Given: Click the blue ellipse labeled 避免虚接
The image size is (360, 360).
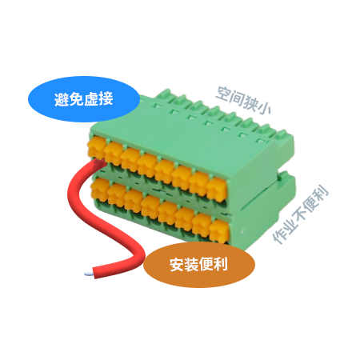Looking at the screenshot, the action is (x=84, y=99).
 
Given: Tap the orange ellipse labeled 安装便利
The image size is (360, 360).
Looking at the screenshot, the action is (x=199, y=265).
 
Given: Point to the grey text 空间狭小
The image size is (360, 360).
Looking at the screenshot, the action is (x=243, y=100).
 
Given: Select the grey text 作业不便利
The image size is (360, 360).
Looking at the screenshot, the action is (x=301, y=214).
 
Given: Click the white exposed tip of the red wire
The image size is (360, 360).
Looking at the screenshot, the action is (x=89, y=274).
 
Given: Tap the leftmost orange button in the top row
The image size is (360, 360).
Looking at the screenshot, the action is (x=96, y=147).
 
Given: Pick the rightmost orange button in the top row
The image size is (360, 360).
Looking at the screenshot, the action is (x=217, y=189).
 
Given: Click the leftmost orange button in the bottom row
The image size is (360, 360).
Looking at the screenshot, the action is (x=99, y=190).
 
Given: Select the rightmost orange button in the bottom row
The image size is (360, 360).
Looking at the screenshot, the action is (x=219, y=231).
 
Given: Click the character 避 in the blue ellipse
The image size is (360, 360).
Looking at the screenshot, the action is (x=62, y=99).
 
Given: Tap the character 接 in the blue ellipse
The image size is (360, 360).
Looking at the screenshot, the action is (x=106, y=99).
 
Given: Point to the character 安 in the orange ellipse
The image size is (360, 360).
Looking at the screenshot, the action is (x=177, y=265).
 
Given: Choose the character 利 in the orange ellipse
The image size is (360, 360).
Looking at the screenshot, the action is (x=221, y=264).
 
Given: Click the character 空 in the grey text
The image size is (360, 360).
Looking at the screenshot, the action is (x=222, y=94).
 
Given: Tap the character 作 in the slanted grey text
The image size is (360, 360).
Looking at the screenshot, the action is (x=279, y=237).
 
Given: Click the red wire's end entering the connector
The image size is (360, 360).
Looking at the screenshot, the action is (x=98, y=162).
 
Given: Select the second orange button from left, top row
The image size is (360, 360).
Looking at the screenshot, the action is (x=114, y=153).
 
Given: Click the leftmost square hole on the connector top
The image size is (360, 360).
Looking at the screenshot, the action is (x=157, y=106).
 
